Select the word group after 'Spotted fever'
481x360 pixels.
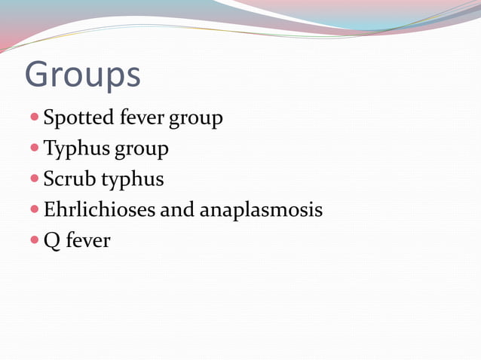(196, 120)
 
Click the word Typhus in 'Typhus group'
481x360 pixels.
(75, 150)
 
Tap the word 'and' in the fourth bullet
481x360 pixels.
(177, 209)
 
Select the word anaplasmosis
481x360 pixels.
(261, 210)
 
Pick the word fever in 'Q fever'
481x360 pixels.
(88, 241)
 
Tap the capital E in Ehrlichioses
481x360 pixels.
(50, 209)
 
